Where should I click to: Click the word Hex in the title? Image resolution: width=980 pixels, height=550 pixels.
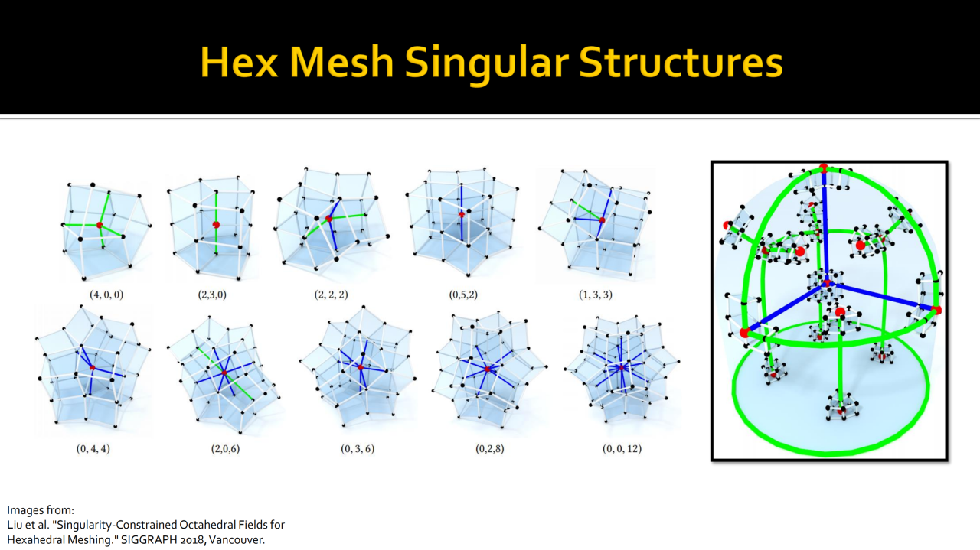click(239, 62)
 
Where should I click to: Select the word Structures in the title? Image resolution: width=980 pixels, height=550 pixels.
click(681, 63)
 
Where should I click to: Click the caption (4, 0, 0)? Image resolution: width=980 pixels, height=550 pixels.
click(106, 295)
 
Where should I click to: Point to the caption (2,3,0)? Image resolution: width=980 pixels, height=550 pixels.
click(212, 295)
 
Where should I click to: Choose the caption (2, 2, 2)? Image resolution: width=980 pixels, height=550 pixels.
click(332, 295)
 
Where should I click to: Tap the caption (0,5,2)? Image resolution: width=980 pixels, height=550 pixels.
click(463, 295)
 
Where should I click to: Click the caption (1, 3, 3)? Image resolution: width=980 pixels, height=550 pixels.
click(596, 295)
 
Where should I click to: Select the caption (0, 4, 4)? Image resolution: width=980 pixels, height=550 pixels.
click(93, 448)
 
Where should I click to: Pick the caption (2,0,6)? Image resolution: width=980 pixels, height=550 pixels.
click(225, 448)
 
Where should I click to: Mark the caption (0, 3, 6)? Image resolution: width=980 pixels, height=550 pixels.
click(358, 448)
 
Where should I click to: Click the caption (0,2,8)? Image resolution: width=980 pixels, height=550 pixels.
click(489, 448)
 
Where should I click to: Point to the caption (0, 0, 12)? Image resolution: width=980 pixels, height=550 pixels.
click(622, 448)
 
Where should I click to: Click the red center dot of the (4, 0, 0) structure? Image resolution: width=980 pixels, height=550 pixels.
click(100, 225)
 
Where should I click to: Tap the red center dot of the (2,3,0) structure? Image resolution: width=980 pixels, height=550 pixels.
click(216, 225)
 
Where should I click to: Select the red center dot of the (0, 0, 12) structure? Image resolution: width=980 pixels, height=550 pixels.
click(621, 368)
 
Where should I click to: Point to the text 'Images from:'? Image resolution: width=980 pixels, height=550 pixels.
click(41, 510)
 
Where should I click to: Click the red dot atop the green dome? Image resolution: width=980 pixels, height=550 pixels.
click(824, 168)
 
